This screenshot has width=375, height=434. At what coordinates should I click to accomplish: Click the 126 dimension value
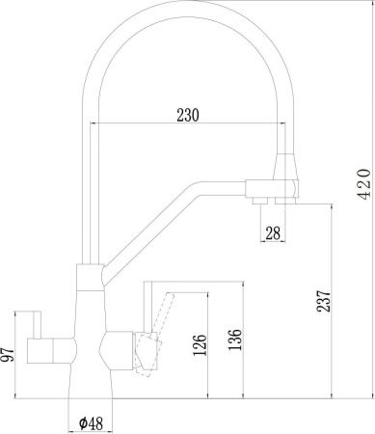pyautogui.click(x=198, y=343)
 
